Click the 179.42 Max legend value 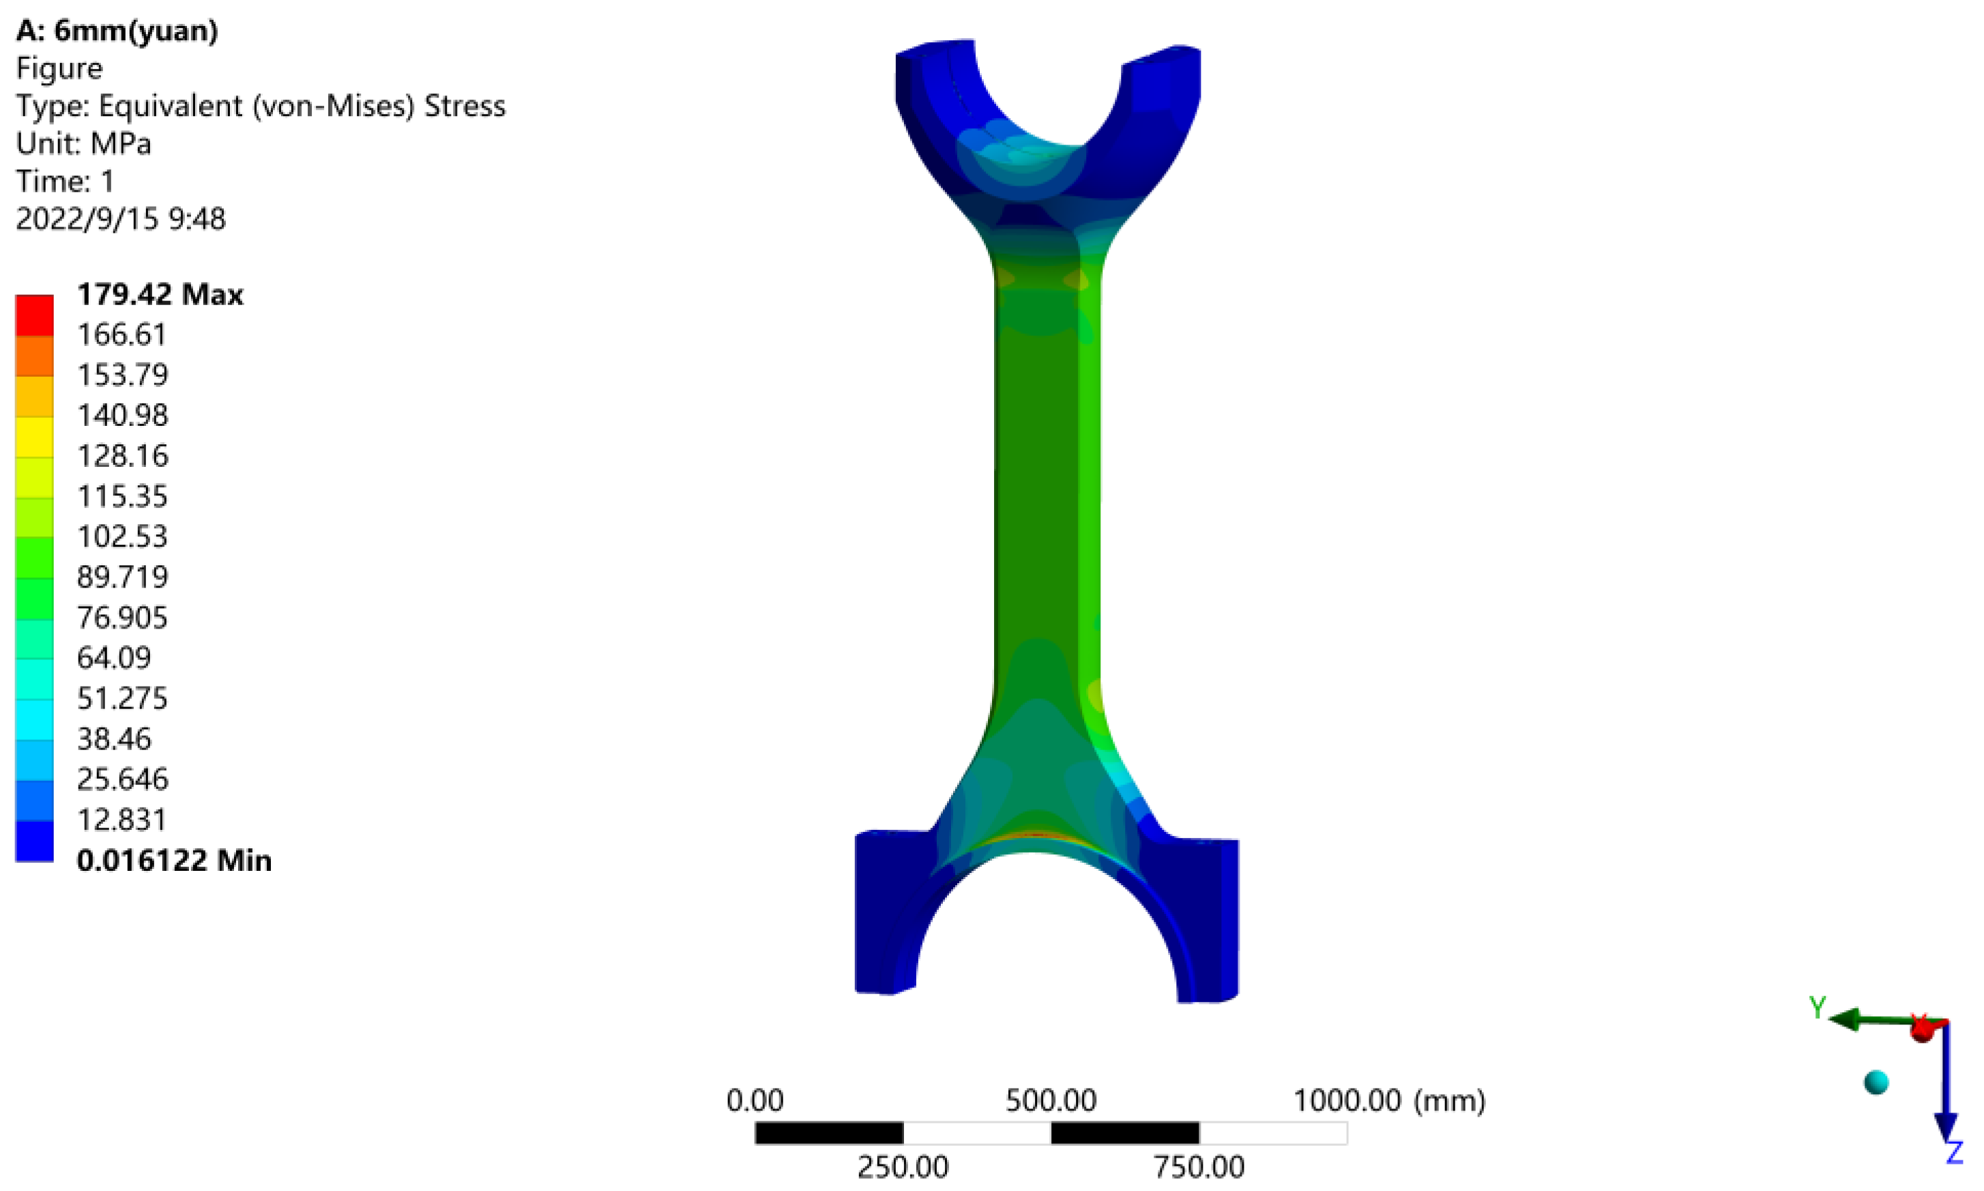click(159, 295)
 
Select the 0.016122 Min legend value click(173, 861)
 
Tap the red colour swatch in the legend click(35, 315)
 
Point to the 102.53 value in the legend click(122, 536)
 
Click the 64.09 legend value click(113, 657)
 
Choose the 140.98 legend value click(122, 415)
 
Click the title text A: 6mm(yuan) click(117, 31)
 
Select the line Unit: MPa click(83, 143)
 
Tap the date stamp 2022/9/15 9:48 click(120, 219)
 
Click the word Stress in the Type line click(465, 106)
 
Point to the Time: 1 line click(65, 182)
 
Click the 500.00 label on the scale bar click(1050, 1100)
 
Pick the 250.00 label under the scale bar click(903, 1167)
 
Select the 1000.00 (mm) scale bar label click(1388, 1100)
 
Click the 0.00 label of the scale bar click(754, 1100)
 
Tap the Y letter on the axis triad click(1817, 1007)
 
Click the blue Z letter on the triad click(1954, 1153)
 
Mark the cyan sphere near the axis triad click(1876, 1082)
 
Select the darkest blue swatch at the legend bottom click(35, 840)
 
